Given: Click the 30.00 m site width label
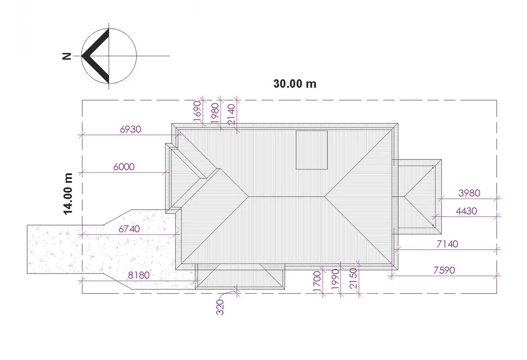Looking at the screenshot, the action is click(295, 84).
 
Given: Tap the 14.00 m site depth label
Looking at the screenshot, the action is click(68, 193).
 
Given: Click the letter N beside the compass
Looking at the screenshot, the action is click(67, 56).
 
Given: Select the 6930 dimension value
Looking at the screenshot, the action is click(130, 129).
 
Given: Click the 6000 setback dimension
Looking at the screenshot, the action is click(124, 167).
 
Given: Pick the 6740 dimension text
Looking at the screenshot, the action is click(129, 229).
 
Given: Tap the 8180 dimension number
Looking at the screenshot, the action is click(139, 275).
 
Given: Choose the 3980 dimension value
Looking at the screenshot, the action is click(469, 193).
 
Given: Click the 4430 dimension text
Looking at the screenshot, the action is click(466, 211).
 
